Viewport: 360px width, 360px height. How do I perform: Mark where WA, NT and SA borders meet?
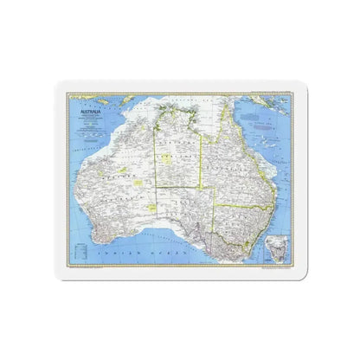click(x=155, y=186)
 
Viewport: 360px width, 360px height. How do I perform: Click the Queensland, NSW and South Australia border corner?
click(x=215, y=205)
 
